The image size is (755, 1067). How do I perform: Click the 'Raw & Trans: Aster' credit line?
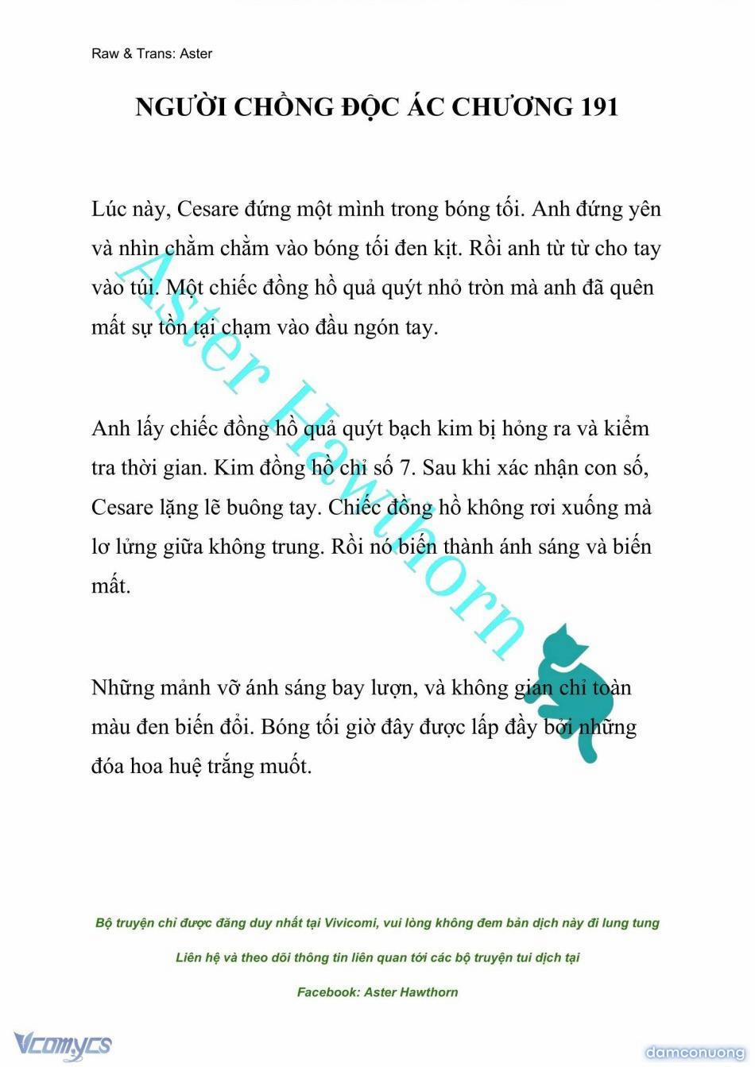coord(152,54)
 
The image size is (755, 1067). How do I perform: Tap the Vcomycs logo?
coord(62,1044)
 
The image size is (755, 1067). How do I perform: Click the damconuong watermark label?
coord(695,1053)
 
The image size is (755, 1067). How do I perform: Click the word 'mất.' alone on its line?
coord(110,586)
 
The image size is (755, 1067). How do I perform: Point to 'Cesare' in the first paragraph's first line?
coord(208,209)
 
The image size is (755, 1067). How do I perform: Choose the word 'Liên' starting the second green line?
coord(190,958)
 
